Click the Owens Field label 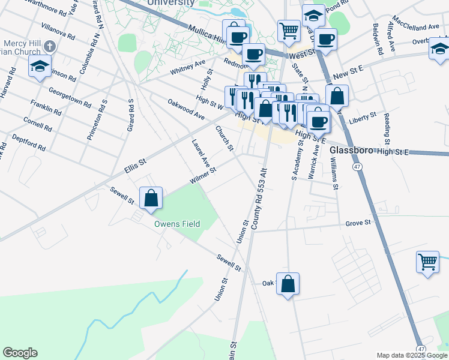click(176, 224)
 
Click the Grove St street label click(358, 224)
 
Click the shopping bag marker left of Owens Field click(151, 198)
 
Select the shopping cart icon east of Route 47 click(427, 262)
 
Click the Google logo click(20, 353)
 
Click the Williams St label click(334, 173)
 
